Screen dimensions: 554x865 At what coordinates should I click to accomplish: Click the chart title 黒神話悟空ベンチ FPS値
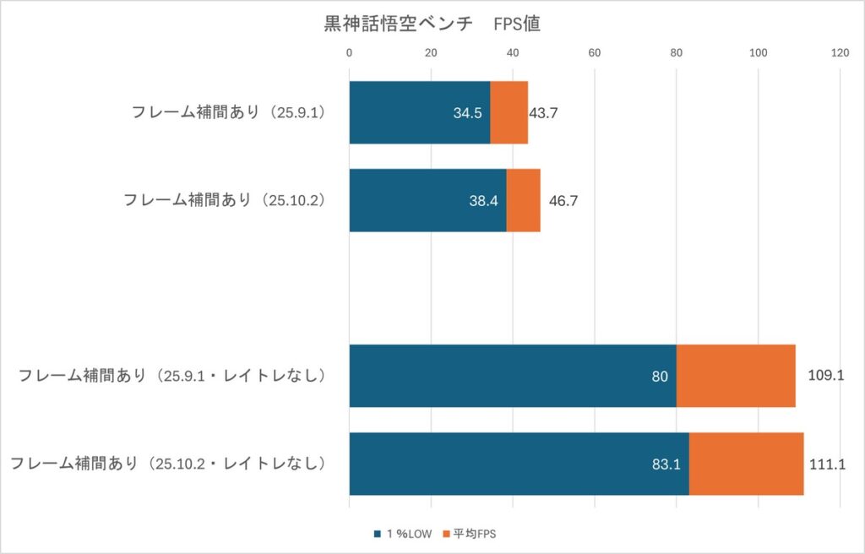(432, 24)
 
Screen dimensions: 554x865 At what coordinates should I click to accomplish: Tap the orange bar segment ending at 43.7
(509, 112)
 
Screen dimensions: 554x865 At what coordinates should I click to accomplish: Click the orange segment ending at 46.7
(523, 200)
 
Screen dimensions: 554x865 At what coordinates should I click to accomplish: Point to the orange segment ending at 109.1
(736, 376)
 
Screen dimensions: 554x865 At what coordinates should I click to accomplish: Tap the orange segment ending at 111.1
(746, 464)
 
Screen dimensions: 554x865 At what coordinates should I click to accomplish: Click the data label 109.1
(827, 376)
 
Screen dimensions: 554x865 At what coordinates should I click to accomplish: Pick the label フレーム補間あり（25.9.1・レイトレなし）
(173, 377)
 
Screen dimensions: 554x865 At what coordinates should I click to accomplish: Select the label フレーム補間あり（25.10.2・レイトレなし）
(169, 464)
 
